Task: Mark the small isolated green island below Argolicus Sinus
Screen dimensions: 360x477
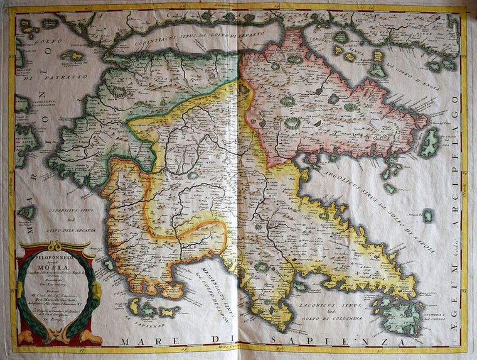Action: tap(427, 215)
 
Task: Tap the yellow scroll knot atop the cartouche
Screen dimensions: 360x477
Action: tap(56, 246)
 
